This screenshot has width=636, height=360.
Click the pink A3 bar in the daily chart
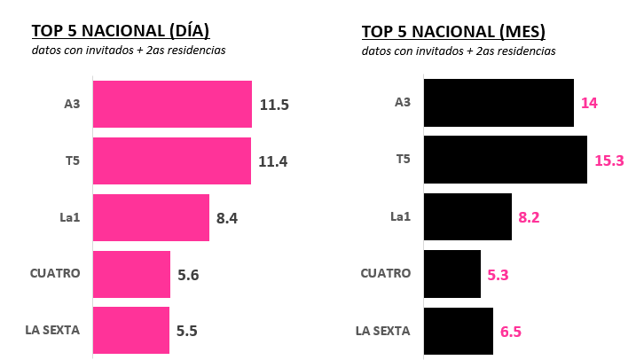coord(172,104)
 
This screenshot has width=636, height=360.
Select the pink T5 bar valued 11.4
coord(172,160)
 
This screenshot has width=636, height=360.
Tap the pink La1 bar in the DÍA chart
coord(151,217)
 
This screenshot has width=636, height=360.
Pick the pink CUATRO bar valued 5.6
coord(131,274)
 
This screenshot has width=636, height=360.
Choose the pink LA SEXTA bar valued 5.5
coord(130,331)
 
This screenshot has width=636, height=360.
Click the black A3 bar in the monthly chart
coord(499,103)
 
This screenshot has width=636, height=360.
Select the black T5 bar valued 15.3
coord(506,160)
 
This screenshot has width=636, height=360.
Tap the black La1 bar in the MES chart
coord(467,216)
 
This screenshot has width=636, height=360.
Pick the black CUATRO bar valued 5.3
coord(452,273)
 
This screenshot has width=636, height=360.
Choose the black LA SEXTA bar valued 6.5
coord(459,331)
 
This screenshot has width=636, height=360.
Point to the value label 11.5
coord(274,105)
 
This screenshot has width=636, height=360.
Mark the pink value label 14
coord(589,104)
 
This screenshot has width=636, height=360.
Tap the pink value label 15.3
coord(609,160)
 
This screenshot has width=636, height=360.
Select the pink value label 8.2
coord(530,217)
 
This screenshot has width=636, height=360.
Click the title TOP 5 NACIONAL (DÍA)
coord(120,32)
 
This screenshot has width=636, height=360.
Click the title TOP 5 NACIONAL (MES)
coord(453,32)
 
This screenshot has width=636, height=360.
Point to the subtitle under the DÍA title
coord(129,51)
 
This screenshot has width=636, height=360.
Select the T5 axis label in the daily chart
coord(71,160)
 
